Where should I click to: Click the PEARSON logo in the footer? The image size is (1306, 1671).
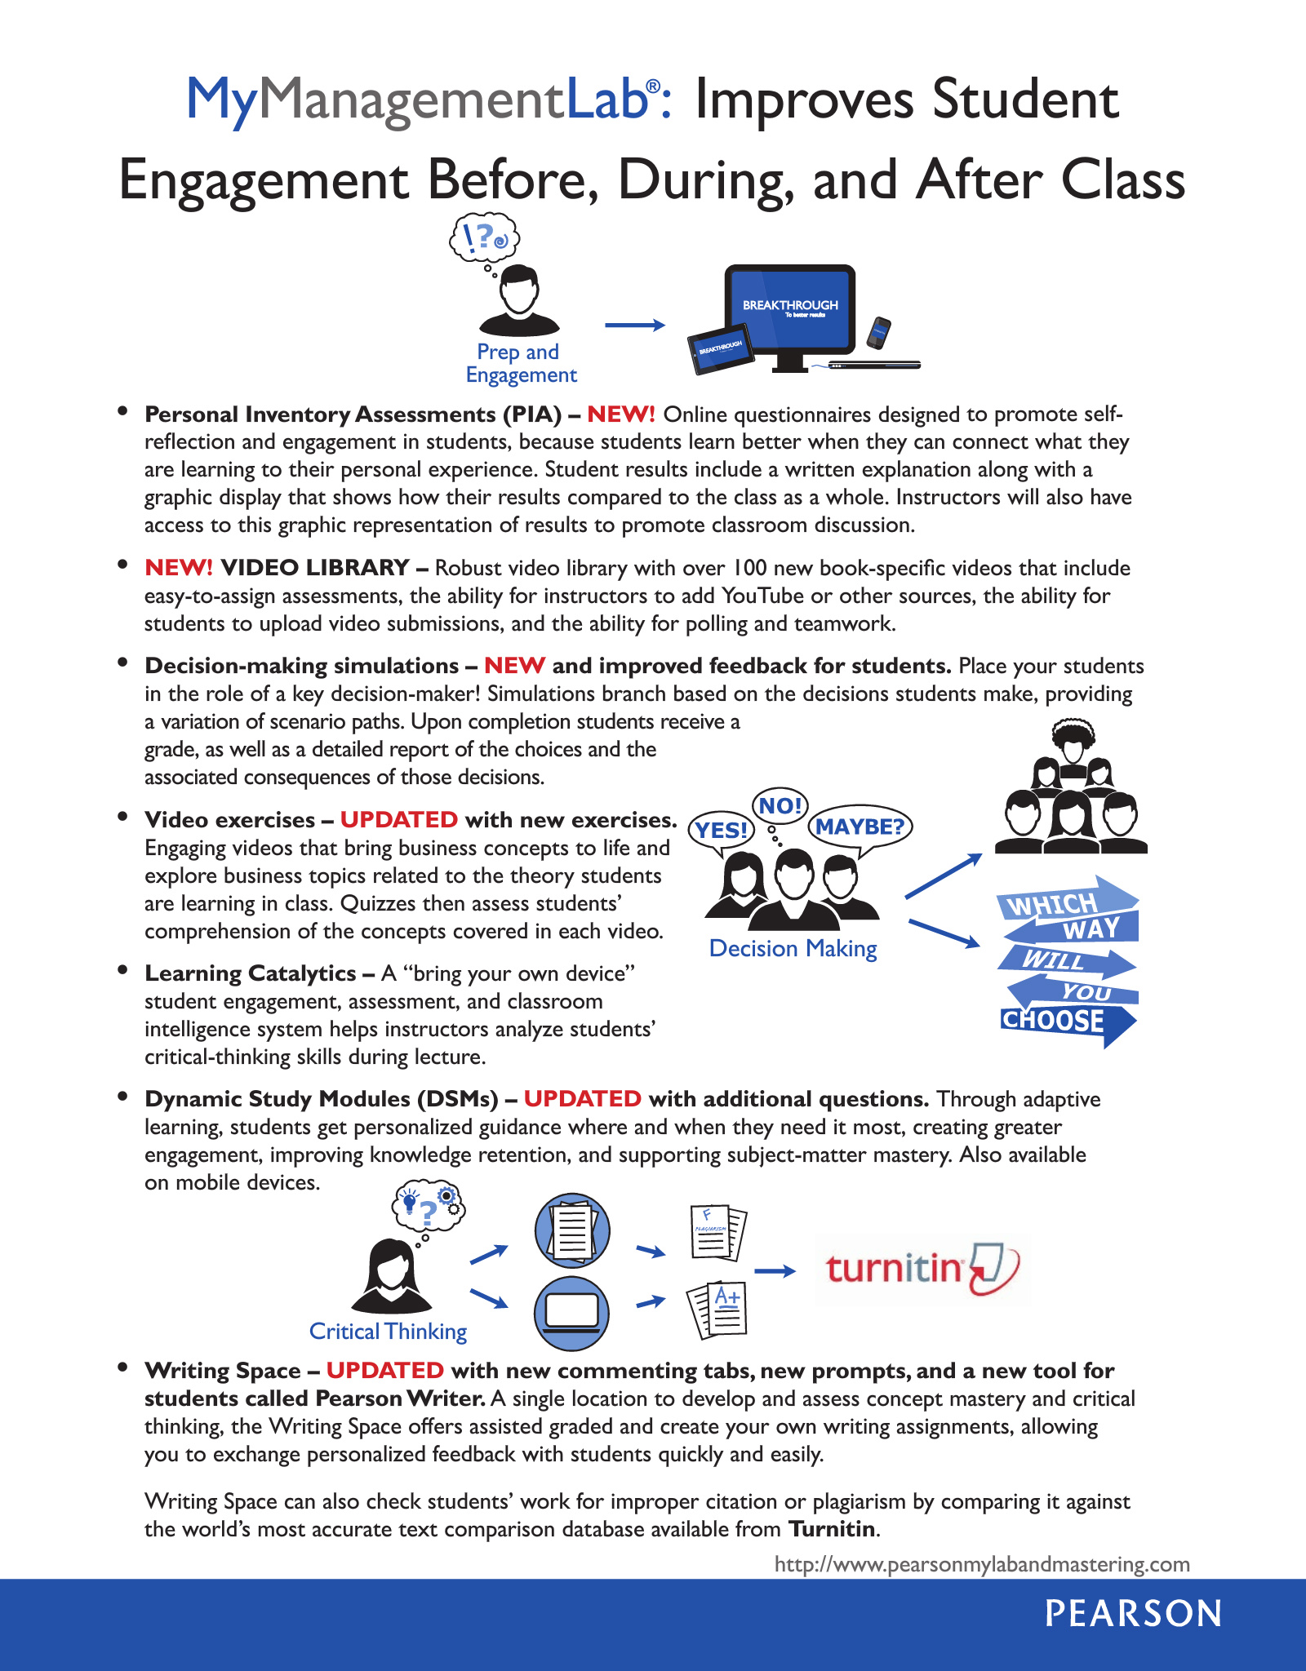tap(1133, 1614)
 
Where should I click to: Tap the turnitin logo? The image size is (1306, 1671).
tap(922, 1270)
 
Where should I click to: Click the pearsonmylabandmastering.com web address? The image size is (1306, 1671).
tap(981, 1564)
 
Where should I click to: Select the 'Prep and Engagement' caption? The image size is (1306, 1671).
tap(520, 363)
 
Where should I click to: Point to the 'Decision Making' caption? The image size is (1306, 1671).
tap(793, 948)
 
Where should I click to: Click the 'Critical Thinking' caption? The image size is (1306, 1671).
tap(388, 1332)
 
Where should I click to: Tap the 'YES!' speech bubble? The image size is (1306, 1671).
tap(722, 831)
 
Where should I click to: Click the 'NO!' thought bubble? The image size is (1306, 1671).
tap(780, 806)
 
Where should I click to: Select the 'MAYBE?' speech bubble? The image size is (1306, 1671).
tap(860, 827)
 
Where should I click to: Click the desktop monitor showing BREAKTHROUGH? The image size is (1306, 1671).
tap(789, 310)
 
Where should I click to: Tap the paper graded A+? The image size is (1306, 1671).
tap(718, 1309)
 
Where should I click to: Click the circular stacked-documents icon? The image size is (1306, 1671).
tap(571, 1230)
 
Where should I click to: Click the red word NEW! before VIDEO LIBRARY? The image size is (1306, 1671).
tap(178, 567)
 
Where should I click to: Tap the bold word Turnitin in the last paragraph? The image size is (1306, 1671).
tap(832, 1528)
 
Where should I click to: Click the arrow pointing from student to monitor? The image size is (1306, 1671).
tap(634, 326)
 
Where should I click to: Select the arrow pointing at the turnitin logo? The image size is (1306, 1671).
tap(774, 1271)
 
